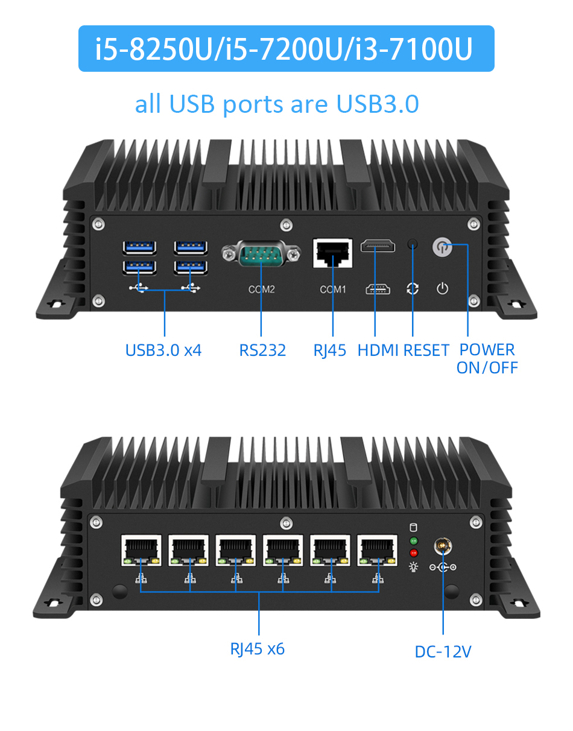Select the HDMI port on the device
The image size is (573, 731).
tap(378, 246)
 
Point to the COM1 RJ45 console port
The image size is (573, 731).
tap(332, 253)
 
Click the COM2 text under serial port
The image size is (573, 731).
tap(261, 290)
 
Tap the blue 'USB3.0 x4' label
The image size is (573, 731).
tap(163, 350)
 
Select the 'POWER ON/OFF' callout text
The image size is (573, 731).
tap(487, 358)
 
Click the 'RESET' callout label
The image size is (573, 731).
tap(426, 350)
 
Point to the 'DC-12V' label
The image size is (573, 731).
tap(443, 651)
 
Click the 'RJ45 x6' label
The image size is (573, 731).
tap(257, 649)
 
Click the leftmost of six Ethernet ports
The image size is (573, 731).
tap(142, 549)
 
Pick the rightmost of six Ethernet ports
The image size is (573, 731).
tap(377, 549)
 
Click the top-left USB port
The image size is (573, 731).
tap(139, 247)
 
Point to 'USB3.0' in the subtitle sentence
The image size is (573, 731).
tap(378, 104)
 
